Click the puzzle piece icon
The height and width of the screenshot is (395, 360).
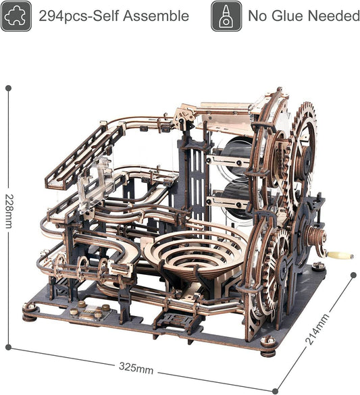pos(16,16)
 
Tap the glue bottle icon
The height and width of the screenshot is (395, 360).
pos(226,16)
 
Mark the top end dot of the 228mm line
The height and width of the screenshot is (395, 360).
pos(9,88)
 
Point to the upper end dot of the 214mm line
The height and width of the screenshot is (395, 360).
pos(353,275)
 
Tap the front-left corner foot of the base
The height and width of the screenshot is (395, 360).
pos(29,311)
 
